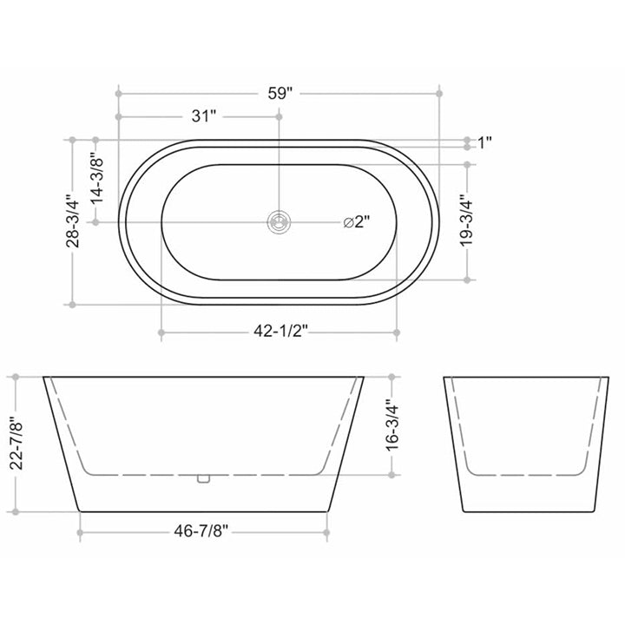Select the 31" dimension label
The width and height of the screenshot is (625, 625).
[201, 115]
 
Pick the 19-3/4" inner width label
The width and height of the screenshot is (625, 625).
[467, 221]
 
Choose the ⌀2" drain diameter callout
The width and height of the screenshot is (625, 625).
[356, 222]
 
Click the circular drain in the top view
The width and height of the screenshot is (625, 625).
[279, 222]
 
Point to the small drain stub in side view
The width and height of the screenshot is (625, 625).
[203, 477]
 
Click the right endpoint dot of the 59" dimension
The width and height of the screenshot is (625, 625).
[439, 91]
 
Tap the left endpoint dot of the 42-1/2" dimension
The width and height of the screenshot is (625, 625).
[161, 332]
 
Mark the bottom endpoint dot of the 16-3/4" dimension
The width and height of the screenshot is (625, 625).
[392, 474]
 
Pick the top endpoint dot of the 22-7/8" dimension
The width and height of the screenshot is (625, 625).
[15, 377]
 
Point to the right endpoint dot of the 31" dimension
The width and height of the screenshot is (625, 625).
[279, 115]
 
